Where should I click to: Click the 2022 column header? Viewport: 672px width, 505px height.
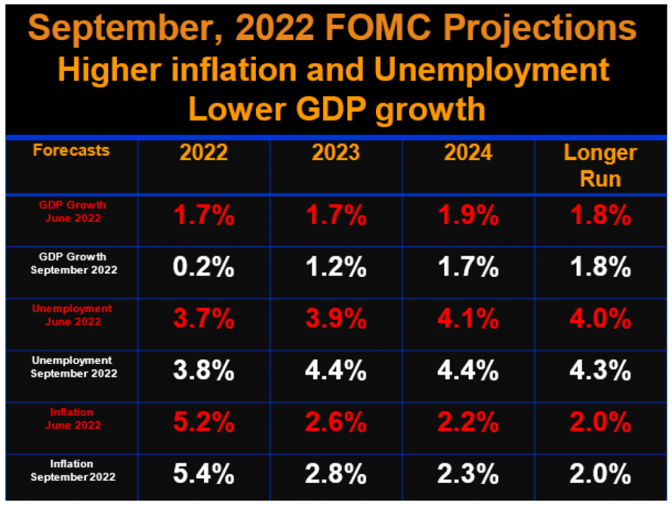(x=203, y=153)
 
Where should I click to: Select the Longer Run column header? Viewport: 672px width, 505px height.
(x=600, y=166)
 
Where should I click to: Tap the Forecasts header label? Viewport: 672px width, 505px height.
(x=72, y=150)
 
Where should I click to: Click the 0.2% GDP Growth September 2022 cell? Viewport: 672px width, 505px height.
(x=203, y=268)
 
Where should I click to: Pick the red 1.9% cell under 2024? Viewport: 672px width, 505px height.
(x=468, y=216)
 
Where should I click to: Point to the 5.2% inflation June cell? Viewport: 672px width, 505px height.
(x=203, y=423)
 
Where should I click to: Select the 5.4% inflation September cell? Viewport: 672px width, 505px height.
(x=203, y=474)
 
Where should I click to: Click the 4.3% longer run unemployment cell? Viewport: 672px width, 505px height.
(x=600, y=371)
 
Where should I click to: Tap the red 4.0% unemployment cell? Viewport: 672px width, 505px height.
(x=600, y=319)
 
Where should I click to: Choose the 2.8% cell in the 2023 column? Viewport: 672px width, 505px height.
(x=336, y=474)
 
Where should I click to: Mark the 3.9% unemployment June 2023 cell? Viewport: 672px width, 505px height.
(x=336, y=319)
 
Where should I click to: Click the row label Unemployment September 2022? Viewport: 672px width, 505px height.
(x=73, y=367)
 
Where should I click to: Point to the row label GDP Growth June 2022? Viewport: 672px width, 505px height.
(x=73, y=211)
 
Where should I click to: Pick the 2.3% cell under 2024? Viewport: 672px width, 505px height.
(x=468, y=474)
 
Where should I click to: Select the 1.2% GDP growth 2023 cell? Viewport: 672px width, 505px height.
(x=336, y=268)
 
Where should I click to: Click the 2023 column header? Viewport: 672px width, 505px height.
(x=336, y=153)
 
